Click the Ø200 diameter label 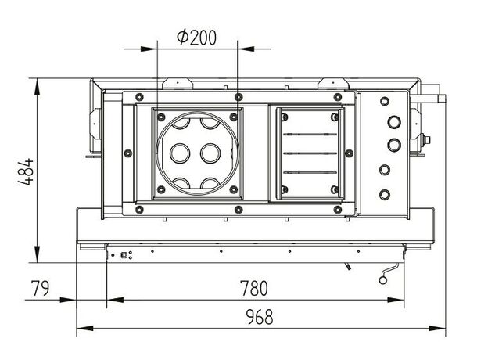coord(196,38)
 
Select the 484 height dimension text coord(26,172)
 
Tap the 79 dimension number coord(40,288)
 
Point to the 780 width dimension coord(254,288)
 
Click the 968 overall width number coord(260,317)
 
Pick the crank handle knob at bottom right coord(382,280)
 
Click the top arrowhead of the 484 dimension coord(38,86)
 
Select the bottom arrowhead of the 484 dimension coord(38,254)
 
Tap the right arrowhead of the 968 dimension coord(437,328)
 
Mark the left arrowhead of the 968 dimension coord(85,328)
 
